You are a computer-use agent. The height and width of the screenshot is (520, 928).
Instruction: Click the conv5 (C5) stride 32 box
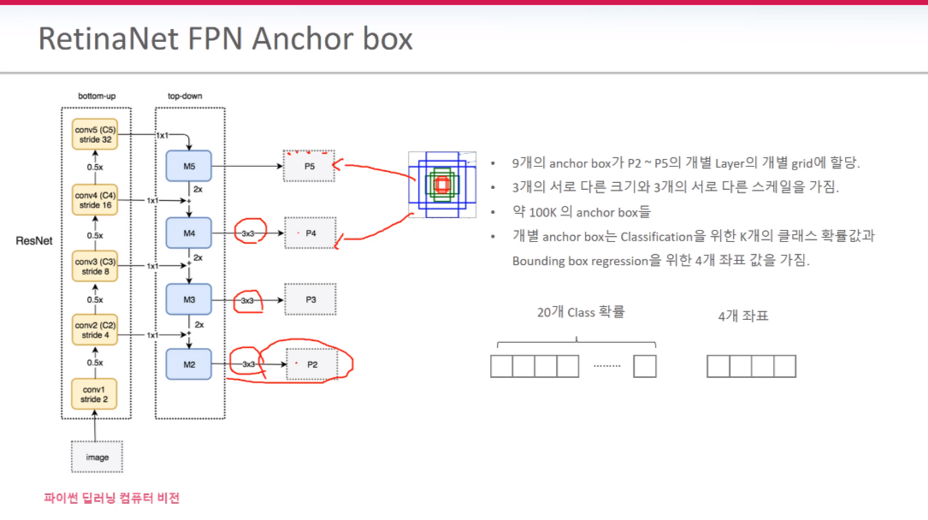point(96,135)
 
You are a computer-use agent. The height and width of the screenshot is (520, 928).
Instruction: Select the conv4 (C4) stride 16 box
point(96,200)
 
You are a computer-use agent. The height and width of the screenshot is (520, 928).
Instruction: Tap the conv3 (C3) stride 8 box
point(96,266)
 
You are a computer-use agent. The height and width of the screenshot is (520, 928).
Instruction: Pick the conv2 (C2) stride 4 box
point(96,331)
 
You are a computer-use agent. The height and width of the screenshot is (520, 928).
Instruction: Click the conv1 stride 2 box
point(96,393)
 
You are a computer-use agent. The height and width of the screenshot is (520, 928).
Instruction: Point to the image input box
point(98,457)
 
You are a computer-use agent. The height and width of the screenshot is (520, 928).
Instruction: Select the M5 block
point(189,166)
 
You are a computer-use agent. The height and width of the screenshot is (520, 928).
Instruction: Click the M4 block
point(189,233)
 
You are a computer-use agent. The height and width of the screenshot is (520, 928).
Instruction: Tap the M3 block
point(189,299)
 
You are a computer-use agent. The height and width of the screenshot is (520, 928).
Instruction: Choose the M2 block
point(189,365)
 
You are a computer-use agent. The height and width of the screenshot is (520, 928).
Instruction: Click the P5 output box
point(310,166)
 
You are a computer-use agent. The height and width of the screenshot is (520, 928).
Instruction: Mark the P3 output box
point(310,299)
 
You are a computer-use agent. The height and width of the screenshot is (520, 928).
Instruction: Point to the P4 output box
point(310,233)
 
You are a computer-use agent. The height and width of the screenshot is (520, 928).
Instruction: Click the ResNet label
point(34,241)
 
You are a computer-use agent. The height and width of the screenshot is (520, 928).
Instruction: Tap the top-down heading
point(186,96)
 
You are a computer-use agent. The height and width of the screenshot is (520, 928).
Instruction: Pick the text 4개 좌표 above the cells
point(743,316)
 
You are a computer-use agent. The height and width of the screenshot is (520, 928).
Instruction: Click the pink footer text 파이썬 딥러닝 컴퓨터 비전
point(112,498)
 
